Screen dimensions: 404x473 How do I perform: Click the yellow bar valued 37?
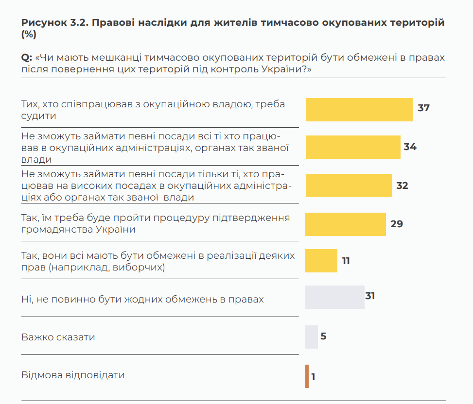coord(359,109)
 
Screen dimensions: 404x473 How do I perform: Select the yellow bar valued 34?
coord(353,147)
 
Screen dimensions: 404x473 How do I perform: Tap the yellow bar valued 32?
coord(349,185)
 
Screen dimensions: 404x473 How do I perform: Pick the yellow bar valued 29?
coord(345,224)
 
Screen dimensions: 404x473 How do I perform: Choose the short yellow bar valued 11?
coord(321,261)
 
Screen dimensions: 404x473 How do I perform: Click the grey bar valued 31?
coord(334,297)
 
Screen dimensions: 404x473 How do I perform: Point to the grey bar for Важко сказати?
coord(311,337)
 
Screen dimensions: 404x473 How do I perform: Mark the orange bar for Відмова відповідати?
coord(307,376)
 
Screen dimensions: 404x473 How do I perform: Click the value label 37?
coord(423,108)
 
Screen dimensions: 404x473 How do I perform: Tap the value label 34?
coord(410,147)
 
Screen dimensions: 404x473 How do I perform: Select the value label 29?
coord(397,224)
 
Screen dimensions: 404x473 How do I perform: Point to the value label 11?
coord(346,261)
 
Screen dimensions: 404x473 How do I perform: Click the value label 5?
coord(323,336)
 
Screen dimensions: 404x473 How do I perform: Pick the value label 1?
coord(314,377)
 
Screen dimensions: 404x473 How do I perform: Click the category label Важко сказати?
coord(58,337)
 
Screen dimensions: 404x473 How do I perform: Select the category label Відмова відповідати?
coord(73,375)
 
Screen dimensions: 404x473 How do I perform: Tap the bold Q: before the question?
coord(27,58)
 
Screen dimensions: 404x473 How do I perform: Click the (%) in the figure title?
coord(29,34)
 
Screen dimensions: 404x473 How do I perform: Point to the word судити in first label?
coord(38,116)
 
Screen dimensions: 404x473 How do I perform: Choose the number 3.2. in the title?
coord(80,23)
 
